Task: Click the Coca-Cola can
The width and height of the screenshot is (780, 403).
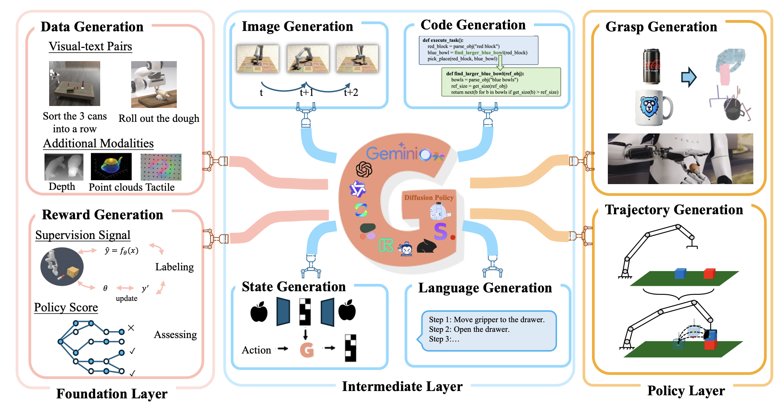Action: tap(652, 66)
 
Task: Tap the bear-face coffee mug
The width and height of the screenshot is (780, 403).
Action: tap(653, 108)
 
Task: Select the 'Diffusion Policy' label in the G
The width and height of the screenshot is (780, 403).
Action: tap(429, 198)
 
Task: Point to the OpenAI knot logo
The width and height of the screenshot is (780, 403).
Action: tap(364, 169)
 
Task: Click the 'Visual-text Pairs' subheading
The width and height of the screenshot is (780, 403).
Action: tap(90, 46)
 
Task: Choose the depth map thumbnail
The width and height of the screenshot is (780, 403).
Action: tap(64, 167)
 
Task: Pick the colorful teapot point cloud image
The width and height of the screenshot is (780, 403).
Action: tap(111, 166)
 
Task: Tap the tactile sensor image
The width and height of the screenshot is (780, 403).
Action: tap(161, 167)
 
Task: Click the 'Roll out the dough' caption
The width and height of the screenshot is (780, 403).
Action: tap(159, 118)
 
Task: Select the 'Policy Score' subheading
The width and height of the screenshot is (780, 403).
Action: tap(66, 307)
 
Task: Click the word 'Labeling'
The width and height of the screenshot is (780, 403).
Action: tap(174, 267)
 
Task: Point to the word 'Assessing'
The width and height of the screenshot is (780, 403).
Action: tap(175, 335)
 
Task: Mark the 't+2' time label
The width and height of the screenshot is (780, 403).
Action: tap(351, 92)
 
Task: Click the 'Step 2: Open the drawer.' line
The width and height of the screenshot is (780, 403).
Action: tap(469, 330)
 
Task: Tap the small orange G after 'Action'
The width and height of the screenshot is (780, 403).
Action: tap(307, 350)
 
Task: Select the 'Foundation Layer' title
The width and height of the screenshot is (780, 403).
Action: tap(112, 394)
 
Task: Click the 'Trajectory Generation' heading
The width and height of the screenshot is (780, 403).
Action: tap(674, 210)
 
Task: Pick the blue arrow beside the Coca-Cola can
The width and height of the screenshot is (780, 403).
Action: tap(689, 77)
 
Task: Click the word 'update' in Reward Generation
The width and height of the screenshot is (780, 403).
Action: tap(127, 298)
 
